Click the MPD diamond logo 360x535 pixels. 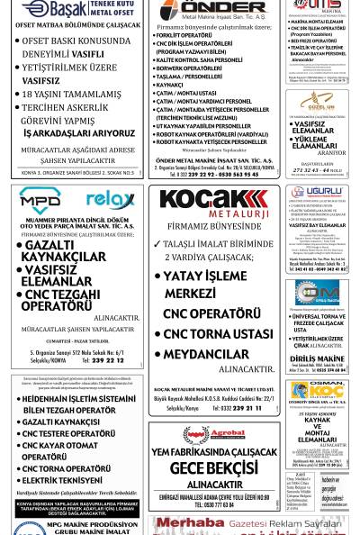click(x=40, y=200)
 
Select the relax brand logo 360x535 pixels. click(x=110, y=199)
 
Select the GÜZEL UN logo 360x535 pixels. click(x=317, y=103)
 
